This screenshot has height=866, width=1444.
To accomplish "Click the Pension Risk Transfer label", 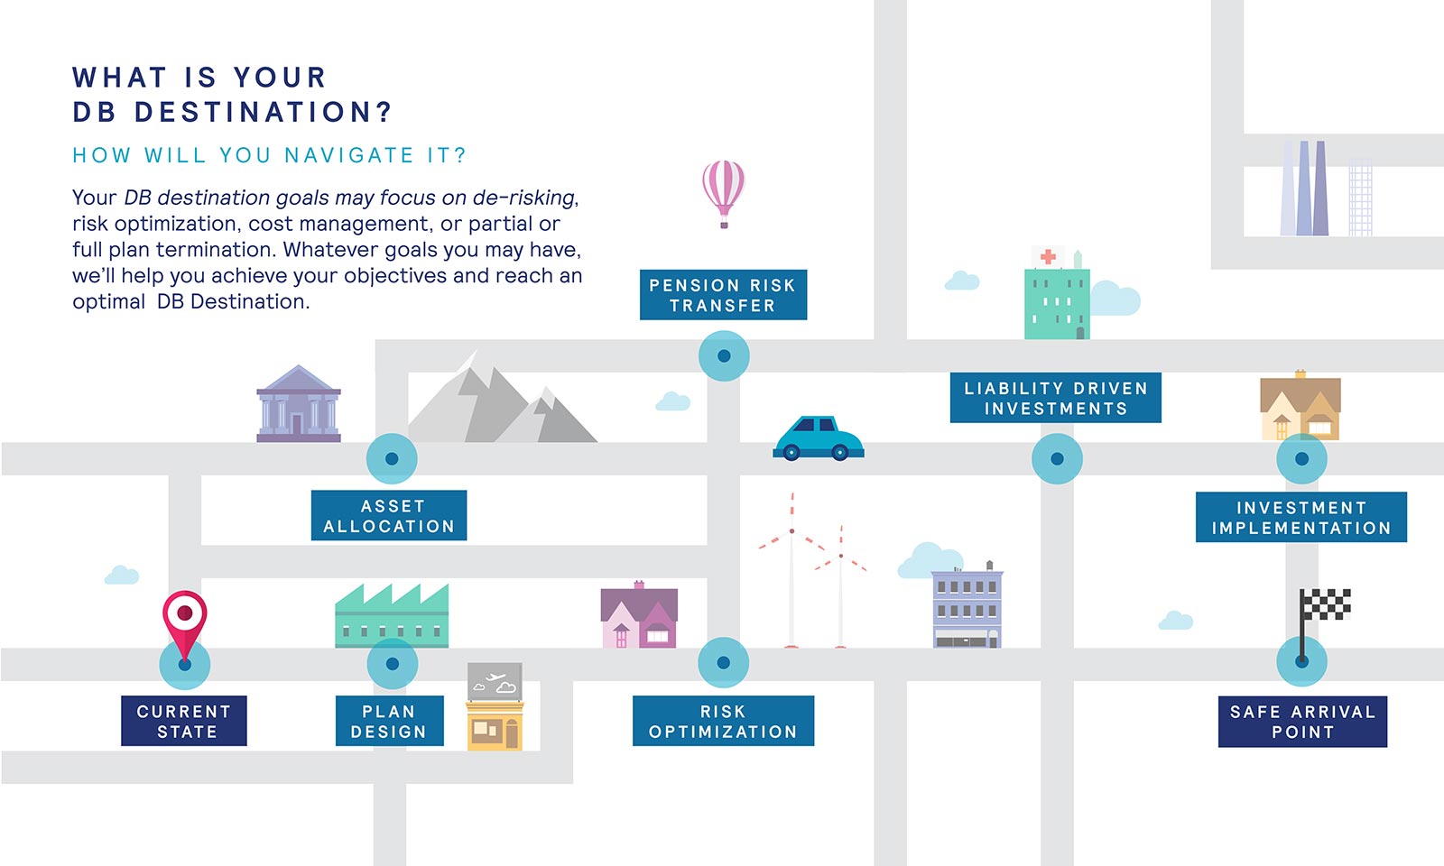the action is [723, 294].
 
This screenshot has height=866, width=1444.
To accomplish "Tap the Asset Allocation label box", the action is [389, 515].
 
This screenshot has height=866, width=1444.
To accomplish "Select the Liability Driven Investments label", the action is [1056, 398].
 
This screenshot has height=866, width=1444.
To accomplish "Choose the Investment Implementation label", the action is [1301, 517].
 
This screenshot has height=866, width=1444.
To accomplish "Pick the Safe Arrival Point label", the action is [1303, 722].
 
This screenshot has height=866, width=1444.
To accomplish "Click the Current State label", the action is [184, 721].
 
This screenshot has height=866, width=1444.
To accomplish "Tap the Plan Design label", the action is [390, 721].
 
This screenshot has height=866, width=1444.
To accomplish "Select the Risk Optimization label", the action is [723, 721].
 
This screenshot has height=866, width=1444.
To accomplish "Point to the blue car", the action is [819, 438].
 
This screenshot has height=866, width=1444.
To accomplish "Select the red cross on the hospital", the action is [1048, 256].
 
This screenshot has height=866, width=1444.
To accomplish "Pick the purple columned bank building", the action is [299, 404].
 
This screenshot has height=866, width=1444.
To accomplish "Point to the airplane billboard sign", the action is [495, 682].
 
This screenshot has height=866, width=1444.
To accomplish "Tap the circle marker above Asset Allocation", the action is [392, 459].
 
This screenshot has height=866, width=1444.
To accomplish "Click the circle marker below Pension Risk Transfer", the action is [724, 355].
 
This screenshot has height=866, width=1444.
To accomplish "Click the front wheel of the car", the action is [840, 453].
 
